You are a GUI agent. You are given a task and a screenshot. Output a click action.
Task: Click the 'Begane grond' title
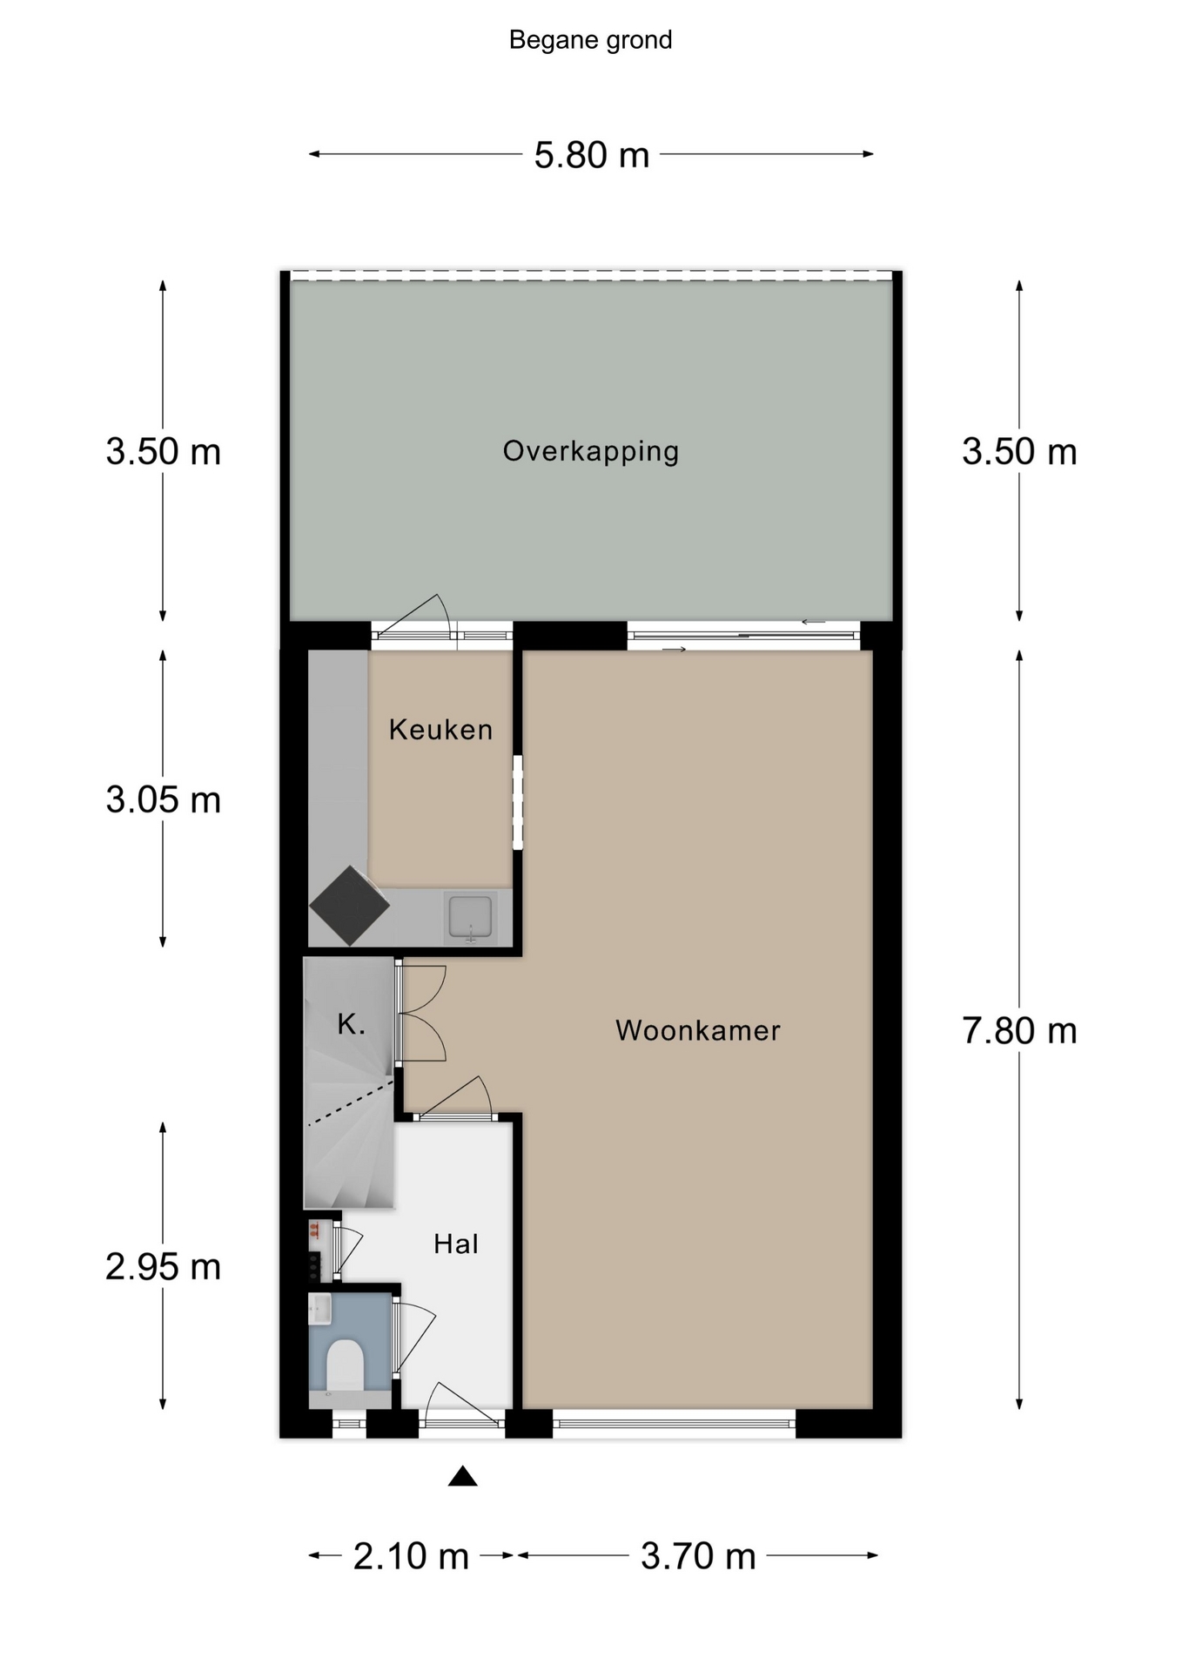click(590, 40)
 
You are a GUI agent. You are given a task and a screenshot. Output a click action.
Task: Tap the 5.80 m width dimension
click(592, 155)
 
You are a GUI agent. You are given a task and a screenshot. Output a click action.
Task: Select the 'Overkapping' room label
click(591, 451)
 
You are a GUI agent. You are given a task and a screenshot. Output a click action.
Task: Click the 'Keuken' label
click(440, 729)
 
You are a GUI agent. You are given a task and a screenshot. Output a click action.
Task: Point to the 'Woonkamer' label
click(698, 1030)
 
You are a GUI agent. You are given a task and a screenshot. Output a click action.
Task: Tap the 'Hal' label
click(456, 1244)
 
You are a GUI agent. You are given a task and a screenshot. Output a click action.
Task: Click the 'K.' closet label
click(351, 1024)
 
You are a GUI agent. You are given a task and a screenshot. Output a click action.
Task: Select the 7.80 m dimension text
click(1019, 1030)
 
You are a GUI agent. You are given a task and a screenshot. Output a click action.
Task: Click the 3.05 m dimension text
click(164, 799)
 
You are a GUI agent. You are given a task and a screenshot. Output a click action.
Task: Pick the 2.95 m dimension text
click(164, 1266)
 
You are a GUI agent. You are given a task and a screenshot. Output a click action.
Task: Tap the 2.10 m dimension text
click(411, 1556)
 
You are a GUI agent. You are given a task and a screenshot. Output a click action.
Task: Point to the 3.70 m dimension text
click(698, 1556)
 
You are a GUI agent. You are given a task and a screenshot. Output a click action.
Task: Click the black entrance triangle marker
click(463, 1476)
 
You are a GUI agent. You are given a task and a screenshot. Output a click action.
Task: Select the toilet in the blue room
click(345, 1365)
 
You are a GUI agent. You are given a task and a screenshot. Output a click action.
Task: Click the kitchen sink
click(470, 917)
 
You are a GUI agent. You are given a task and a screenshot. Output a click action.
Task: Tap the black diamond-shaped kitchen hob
click(349, 906)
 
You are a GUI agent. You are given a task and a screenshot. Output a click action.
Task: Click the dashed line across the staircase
click(351, 1103)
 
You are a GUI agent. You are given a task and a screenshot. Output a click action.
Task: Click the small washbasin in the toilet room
click(319, 1308)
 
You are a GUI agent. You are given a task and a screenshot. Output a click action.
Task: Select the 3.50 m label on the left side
click(164, 451)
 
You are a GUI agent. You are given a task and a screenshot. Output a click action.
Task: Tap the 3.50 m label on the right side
click(1019, 451)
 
